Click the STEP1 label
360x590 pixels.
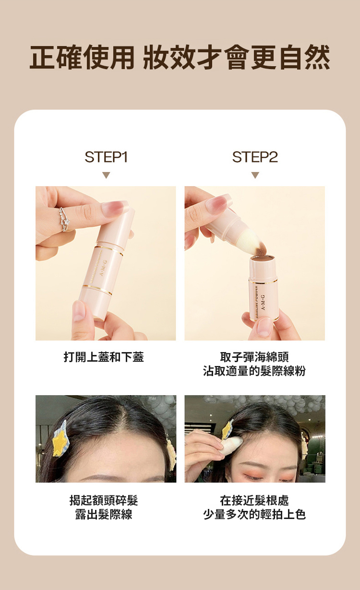[106, 157]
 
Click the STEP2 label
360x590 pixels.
[255, 157]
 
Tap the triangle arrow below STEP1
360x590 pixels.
[106, 175]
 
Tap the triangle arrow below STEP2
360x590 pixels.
[255, 175]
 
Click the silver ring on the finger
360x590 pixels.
[64, 219]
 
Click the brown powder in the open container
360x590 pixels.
[263, 258]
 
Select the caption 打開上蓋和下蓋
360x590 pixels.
[104, 357]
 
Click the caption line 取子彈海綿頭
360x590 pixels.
[254, 357]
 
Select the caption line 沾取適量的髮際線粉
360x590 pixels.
[254, 371]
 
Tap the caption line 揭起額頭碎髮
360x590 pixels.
[104, 500]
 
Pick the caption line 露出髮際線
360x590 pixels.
[104, 514]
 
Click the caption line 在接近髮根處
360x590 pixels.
[254, 500]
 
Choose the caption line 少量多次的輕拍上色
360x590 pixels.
[254, 514]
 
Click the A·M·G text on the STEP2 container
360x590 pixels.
[264, 302]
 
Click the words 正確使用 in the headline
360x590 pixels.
[82, 58]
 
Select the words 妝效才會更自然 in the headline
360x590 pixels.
[237, 58]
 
